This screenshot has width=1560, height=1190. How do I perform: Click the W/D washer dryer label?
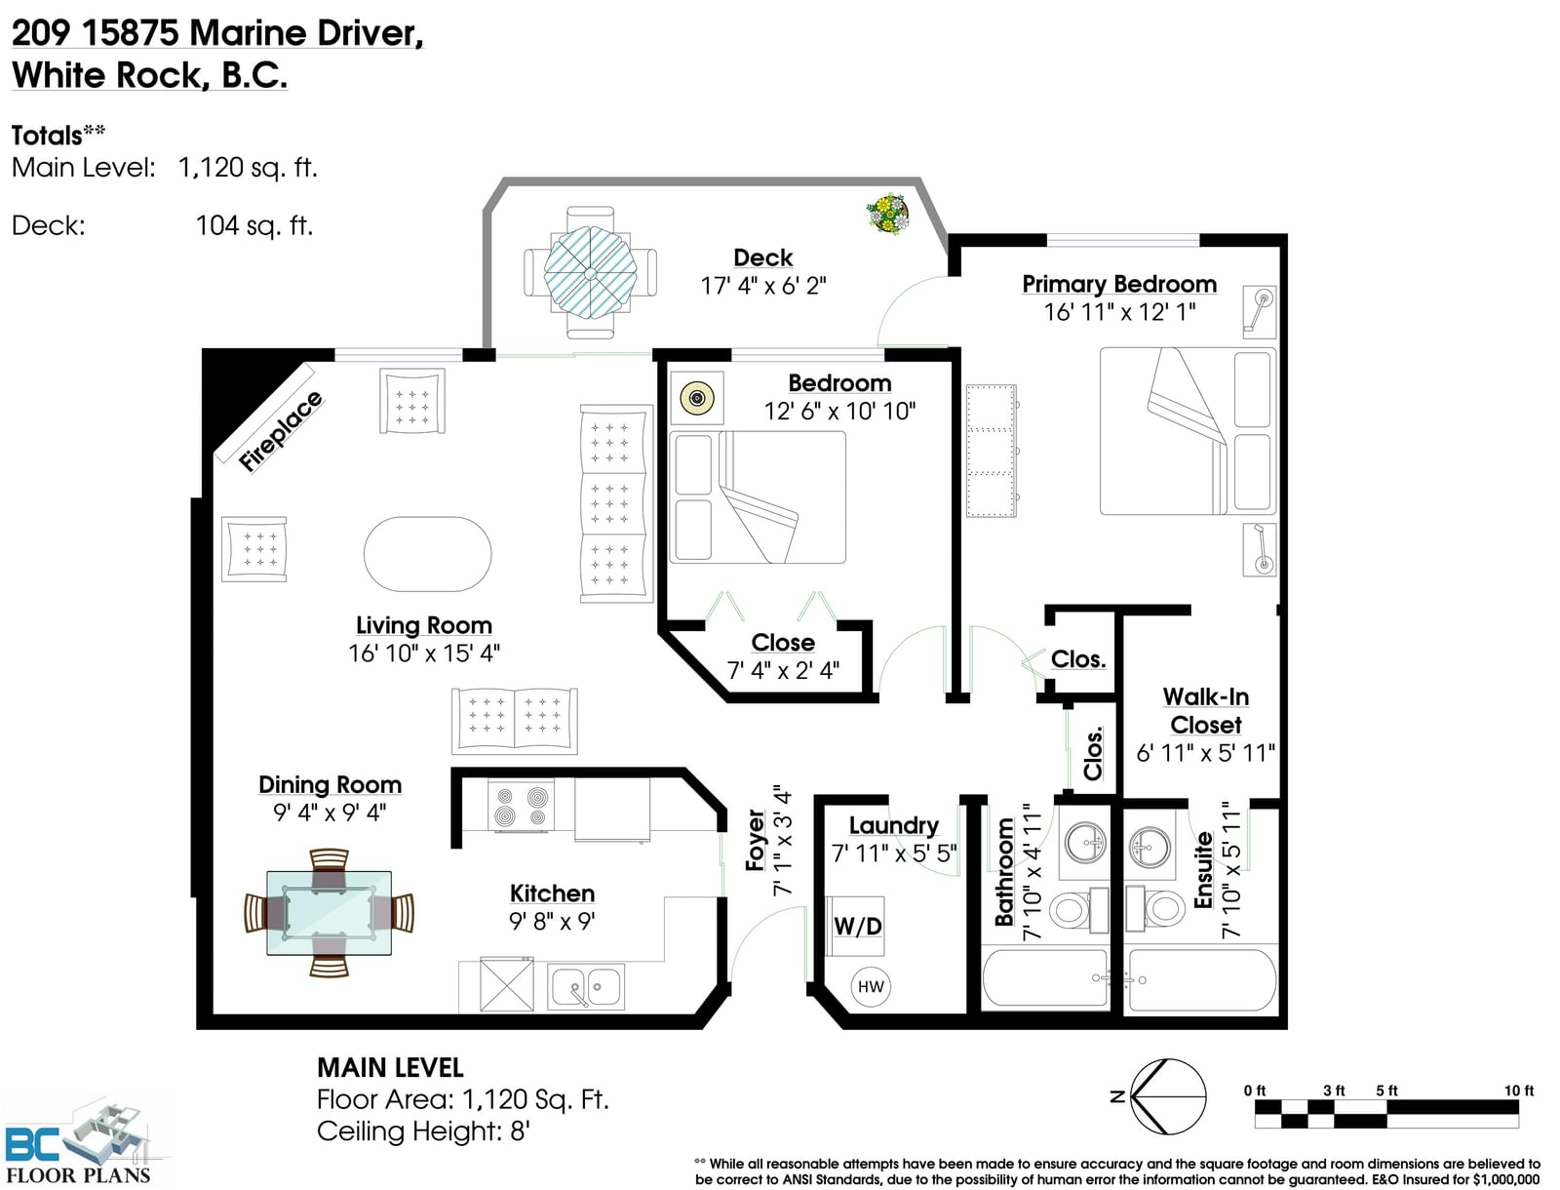857,926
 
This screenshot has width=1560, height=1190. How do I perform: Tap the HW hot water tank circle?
870,986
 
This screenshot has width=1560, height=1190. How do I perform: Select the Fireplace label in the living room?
280,431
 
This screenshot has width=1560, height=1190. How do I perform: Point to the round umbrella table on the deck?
590,273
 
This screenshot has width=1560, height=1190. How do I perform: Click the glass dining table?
329,913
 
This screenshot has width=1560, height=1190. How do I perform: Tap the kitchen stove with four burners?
521,806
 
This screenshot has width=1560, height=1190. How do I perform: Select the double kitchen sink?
586,986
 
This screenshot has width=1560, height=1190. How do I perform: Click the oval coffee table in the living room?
427,554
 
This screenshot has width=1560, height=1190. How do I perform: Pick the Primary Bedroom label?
1119,284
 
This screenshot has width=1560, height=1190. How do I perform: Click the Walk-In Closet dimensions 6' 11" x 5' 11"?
1205,752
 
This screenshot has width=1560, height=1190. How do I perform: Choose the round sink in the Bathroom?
1085,843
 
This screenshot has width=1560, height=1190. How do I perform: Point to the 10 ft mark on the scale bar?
1519,1090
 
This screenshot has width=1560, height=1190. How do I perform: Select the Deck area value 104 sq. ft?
253,225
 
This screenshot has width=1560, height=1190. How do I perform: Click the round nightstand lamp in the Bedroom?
697,397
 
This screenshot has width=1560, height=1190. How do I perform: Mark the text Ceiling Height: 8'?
423,1130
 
